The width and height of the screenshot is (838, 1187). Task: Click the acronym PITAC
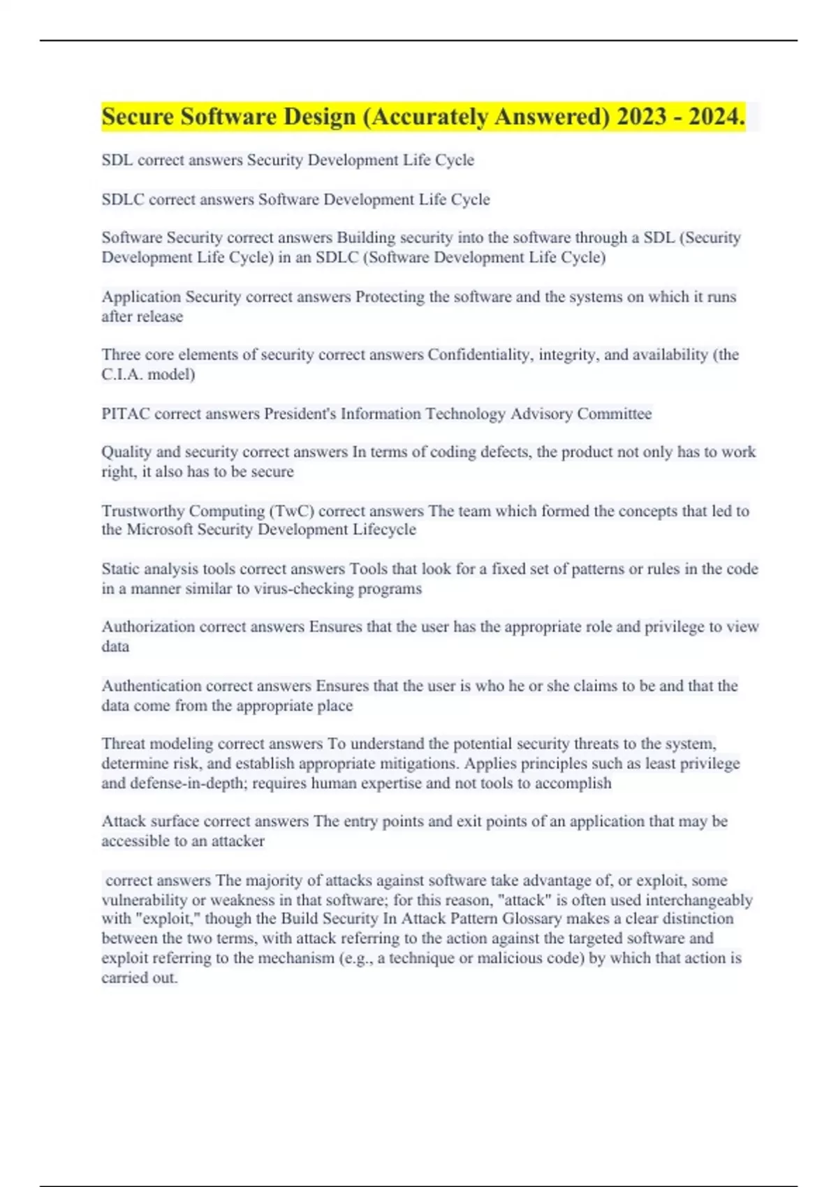(x=126, y=413)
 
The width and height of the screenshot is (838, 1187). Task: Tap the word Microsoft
(x=159, y=530)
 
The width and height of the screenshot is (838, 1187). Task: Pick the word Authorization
(x=148, y=627)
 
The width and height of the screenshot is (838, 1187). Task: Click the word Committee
(x=615, y=413)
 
